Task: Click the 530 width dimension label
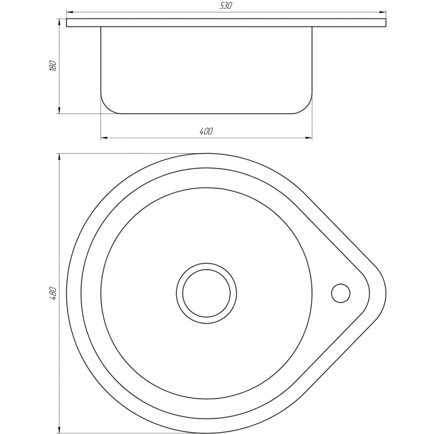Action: [226, 6]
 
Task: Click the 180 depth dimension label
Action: [53, 66]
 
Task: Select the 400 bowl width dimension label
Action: [206, 131]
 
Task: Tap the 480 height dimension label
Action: [53, 294]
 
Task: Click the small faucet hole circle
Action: [340, 293]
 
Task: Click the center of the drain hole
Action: [206, 293]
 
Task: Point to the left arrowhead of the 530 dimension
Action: [70, 12]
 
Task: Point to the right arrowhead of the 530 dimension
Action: [383, 12]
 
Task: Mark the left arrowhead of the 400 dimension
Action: [104, 138]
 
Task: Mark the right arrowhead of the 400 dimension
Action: [308, 138]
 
